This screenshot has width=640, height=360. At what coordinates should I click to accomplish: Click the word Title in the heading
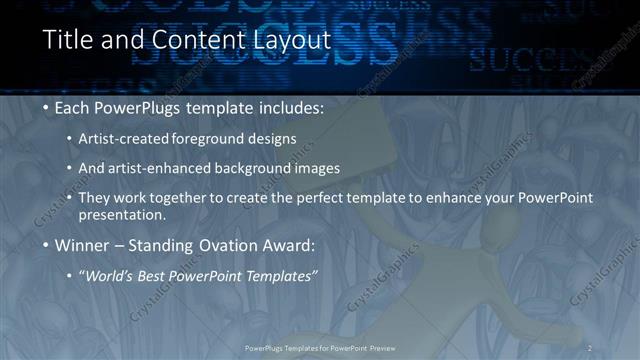click(71, 41)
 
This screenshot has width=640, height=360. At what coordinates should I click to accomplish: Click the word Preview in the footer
click(379, 347)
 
